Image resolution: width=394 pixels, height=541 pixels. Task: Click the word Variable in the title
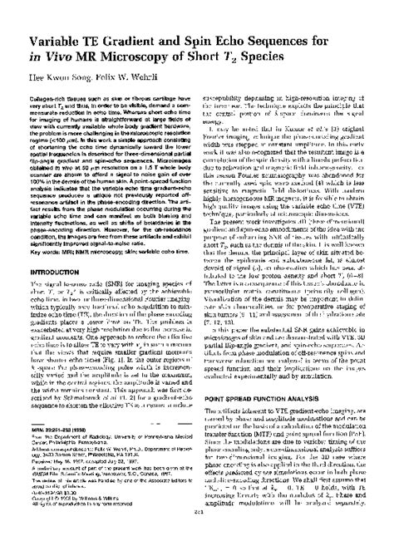point(57,37)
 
